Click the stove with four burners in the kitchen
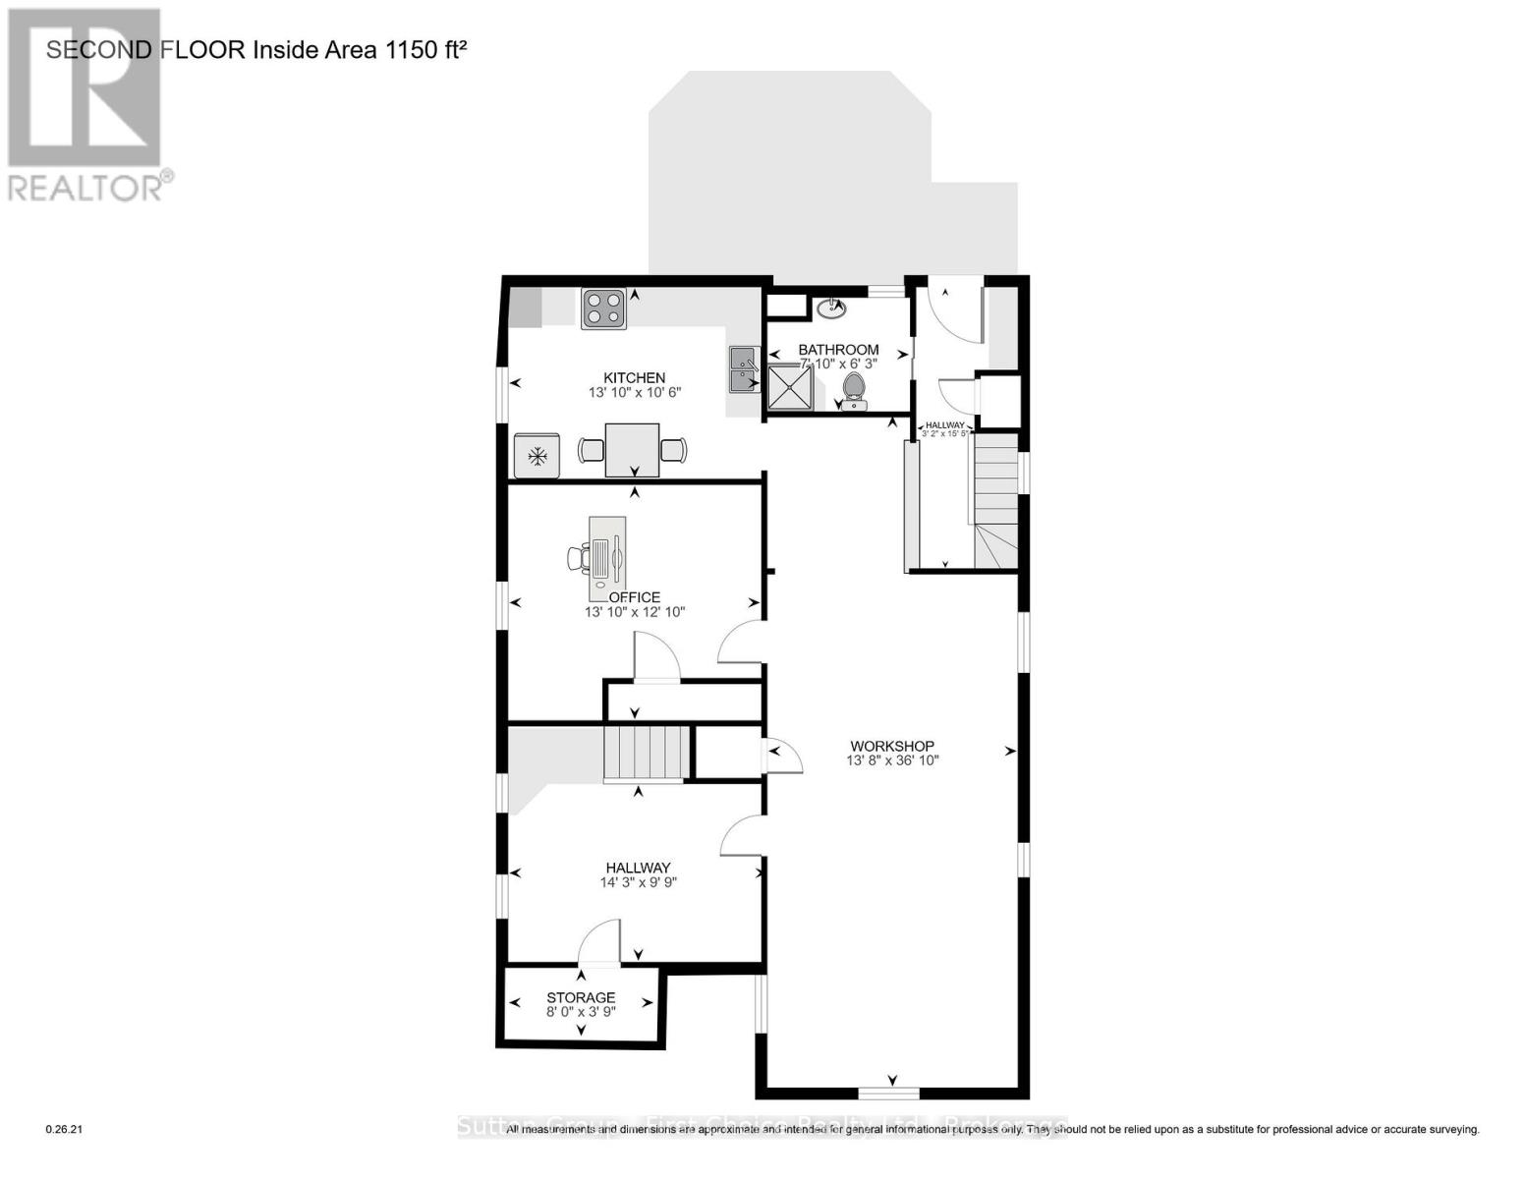point(603,308)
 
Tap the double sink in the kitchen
point(744,369)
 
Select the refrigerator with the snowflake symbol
point(537,456)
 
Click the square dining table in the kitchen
point(632,450)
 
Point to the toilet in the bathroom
point(854,390)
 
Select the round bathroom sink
point(831,309)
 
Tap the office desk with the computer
point(606,558)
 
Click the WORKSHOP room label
point(892,746)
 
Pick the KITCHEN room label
point(634,377)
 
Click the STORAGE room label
point(581,997)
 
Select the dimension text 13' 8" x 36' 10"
point(892,760)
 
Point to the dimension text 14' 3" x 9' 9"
point(638,882)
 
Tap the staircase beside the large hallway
point(643,753)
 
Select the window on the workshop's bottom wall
point(889,1093)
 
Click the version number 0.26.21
point(65,1130)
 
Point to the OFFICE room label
point(635,597)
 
